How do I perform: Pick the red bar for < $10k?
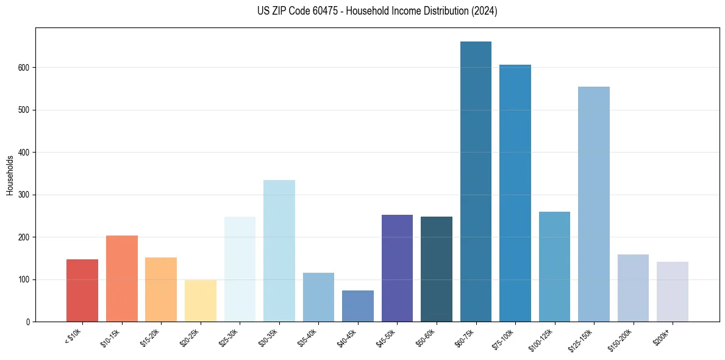pos(82,290)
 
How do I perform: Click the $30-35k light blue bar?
pos(279,251)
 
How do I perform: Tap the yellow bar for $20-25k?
pos(201,301)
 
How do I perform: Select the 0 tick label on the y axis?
pos(28,322)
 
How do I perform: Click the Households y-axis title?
pos(10,175)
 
